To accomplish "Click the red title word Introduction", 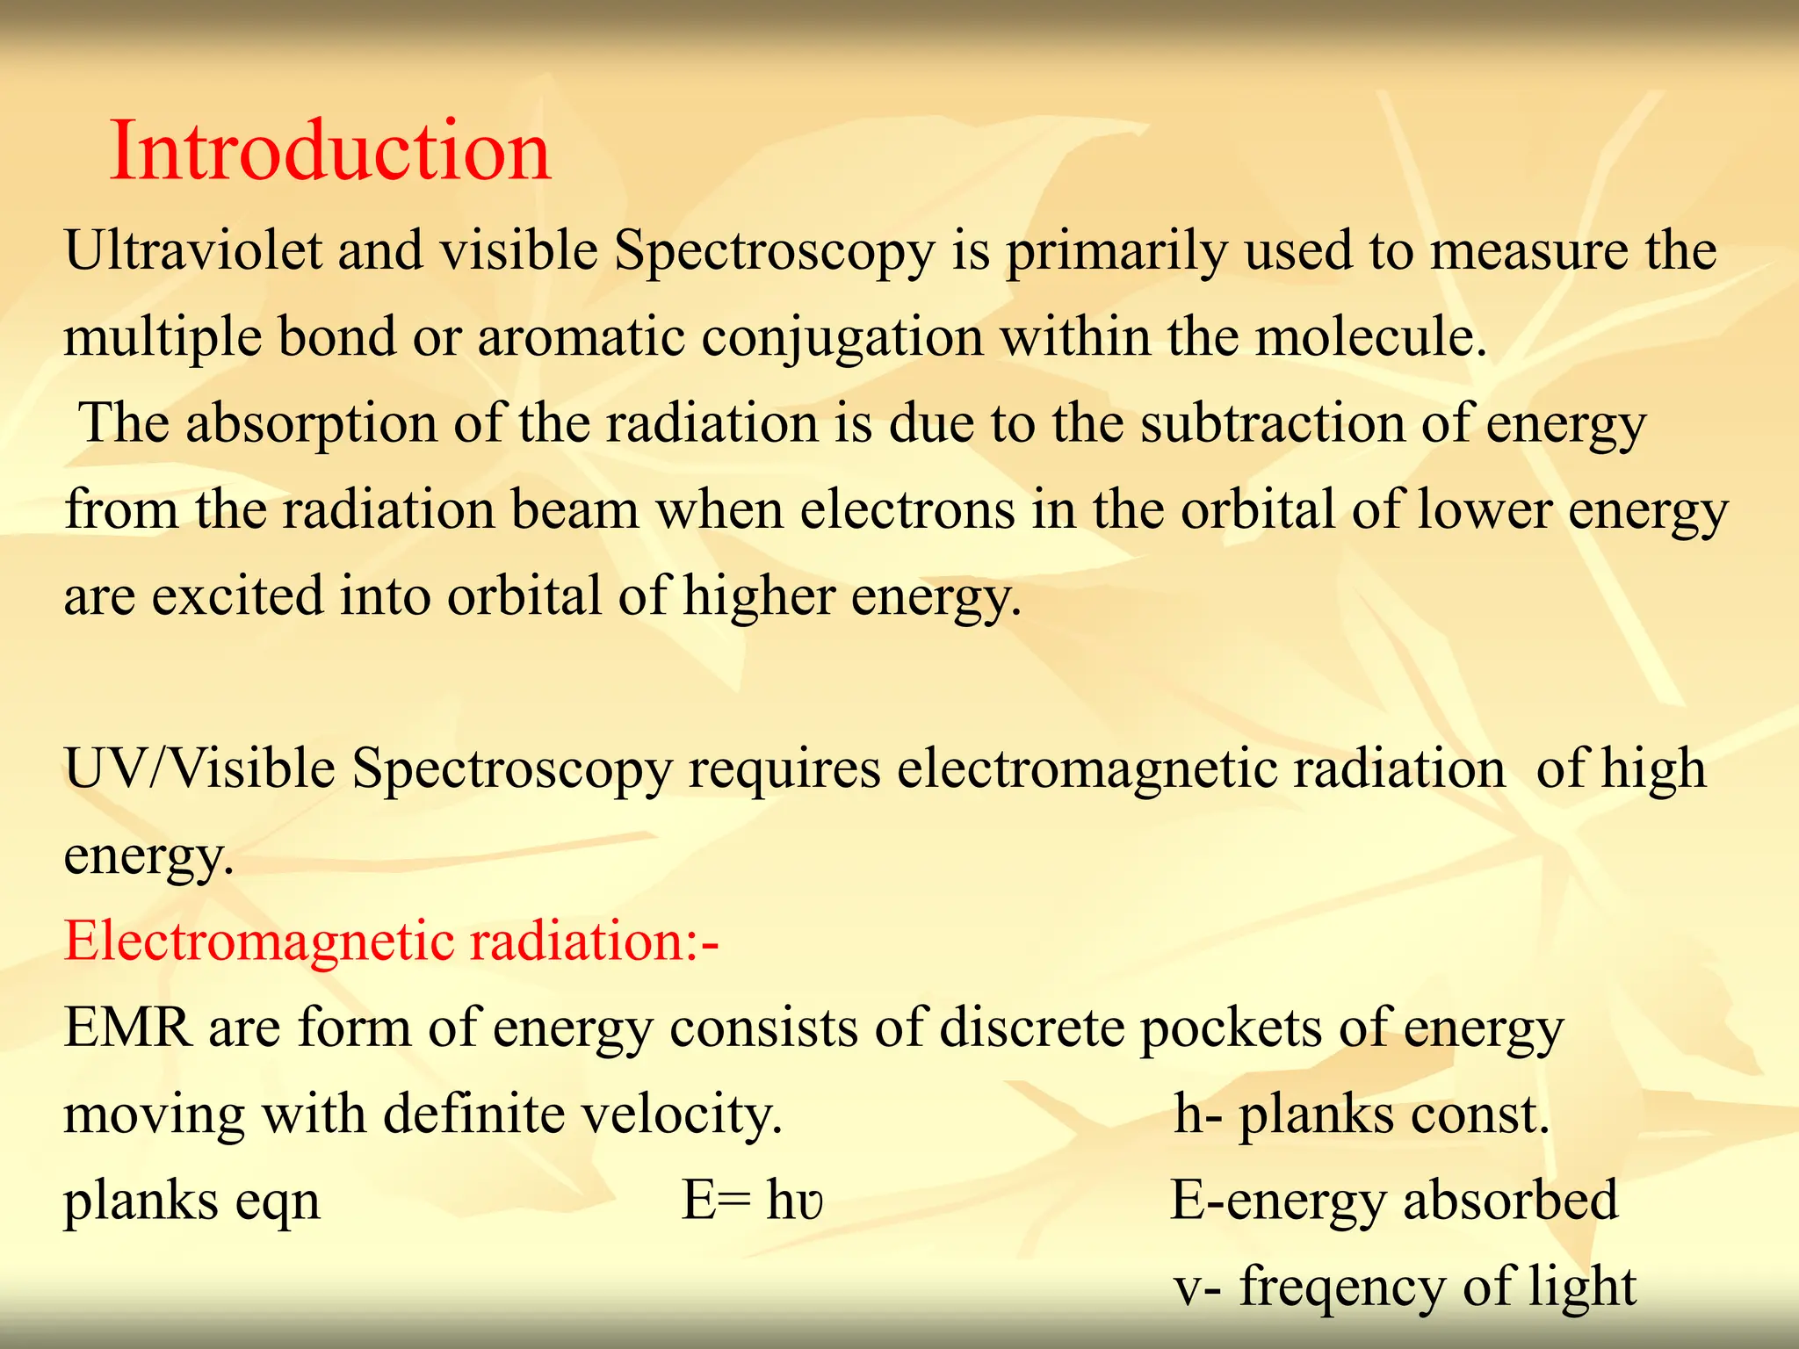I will click(x=330, y=151).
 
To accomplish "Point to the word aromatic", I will click(x=581, y=336).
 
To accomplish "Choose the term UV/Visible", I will click(x=199, y=768).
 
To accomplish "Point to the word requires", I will click(x=784, y=770).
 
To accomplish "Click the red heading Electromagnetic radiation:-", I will click(x=392, y=941).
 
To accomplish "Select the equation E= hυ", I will click(x=753, y=1201).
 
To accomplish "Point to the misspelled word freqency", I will click(x=1342, y=1288).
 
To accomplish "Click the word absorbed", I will click(x=1510, y=1201).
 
